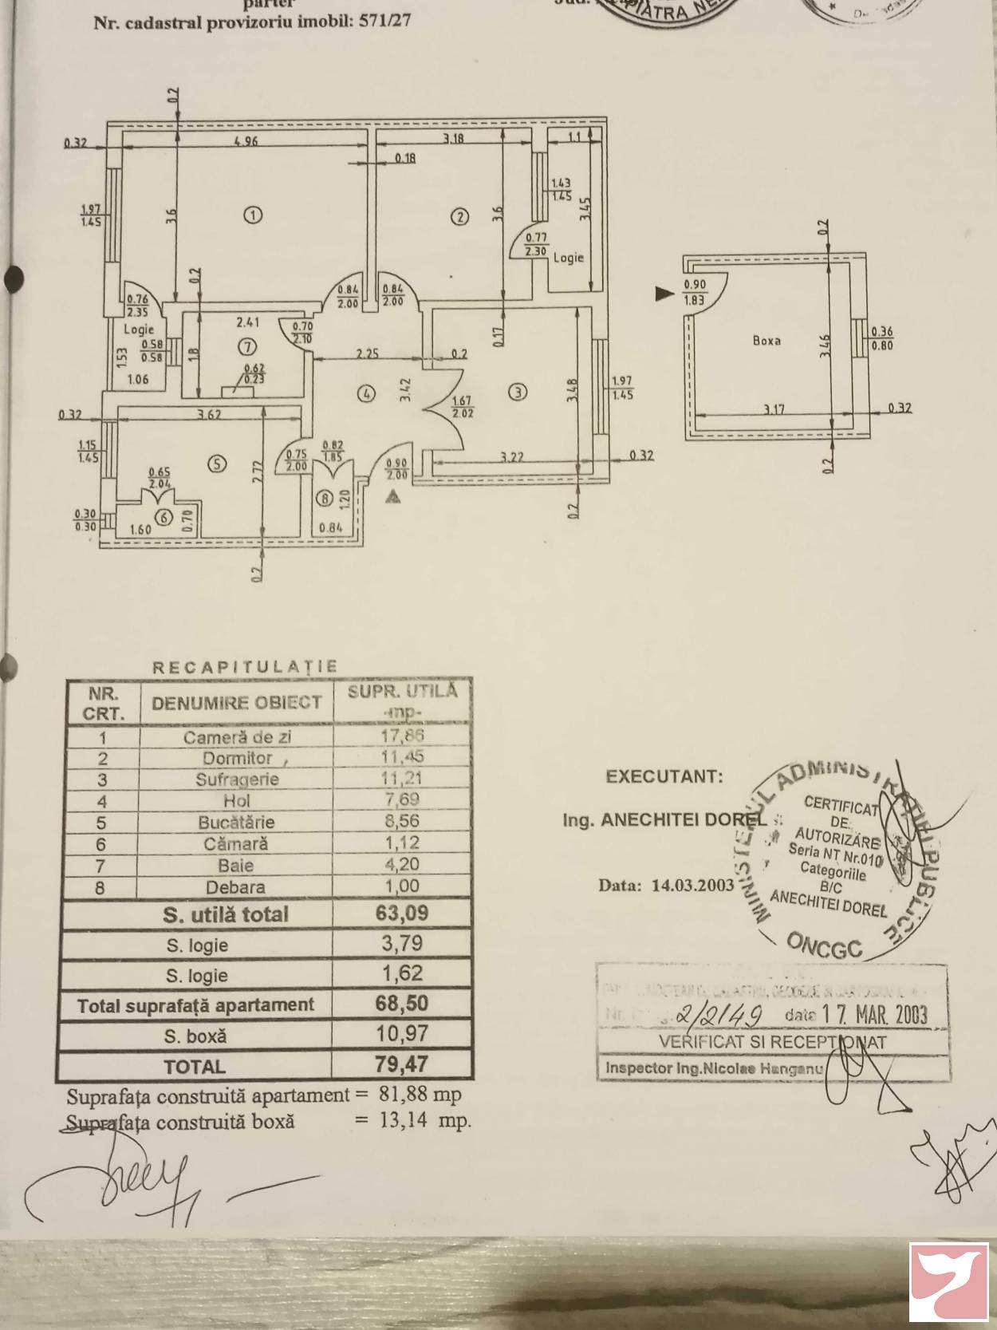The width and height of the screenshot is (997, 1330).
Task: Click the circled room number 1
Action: point(252,214)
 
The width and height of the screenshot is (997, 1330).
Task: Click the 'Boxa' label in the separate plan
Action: point(766,340)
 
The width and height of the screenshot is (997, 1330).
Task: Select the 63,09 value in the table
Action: point(402,913)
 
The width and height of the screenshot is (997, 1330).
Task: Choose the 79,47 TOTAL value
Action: point(402,1064)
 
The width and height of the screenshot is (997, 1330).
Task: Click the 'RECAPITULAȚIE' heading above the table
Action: point(245,667)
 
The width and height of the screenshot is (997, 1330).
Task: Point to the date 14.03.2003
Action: point(692,885)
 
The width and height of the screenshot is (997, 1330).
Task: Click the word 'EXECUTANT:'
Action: point(664,776)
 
